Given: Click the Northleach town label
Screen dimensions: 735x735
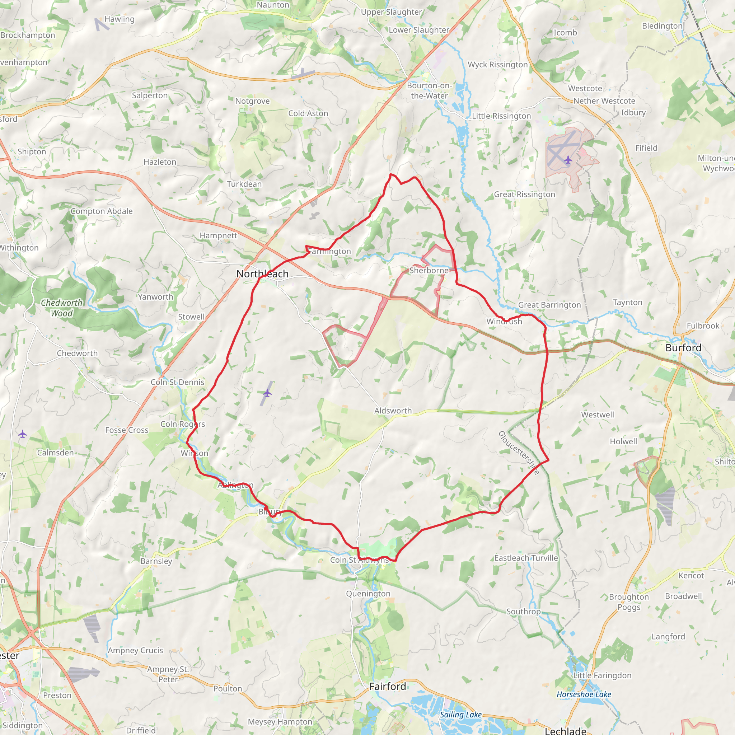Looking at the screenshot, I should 262,274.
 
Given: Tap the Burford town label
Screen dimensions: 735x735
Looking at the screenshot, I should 683,348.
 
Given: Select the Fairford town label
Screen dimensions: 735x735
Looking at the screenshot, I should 388,686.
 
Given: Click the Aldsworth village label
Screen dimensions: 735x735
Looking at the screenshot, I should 393,411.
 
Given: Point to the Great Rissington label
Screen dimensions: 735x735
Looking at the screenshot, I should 524,195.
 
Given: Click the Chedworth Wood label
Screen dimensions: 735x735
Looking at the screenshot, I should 62,308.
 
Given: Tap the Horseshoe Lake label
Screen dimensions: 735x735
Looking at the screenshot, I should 584,694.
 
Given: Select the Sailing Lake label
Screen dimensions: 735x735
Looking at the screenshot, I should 461,715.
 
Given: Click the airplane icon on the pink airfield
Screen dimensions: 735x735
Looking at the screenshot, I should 568,160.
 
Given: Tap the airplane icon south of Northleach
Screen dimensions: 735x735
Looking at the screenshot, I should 267,393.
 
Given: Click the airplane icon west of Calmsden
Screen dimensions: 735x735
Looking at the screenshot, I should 23,434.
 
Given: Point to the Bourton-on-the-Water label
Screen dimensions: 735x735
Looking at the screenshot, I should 430,90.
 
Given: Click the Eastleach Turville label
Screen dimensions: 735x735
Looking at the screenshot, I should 526,558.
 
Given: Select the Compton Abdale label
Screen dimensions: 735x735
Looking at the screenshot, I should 102,211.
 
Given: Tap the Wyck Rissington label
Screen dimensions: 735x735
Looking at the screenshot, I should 498,65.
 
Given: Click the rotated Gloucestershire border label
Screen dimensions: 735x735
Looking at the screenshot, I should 519,453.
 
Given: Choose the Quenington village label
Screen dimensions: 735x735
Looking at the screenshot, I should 368,594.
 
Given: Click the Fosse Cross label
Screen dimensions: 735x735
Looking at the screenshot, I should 127,430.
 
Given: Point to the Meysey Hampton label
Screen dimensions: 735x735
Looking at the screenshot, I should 280,722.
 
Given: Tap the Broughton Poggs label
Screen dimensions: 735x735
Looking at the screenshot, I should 629,602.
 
